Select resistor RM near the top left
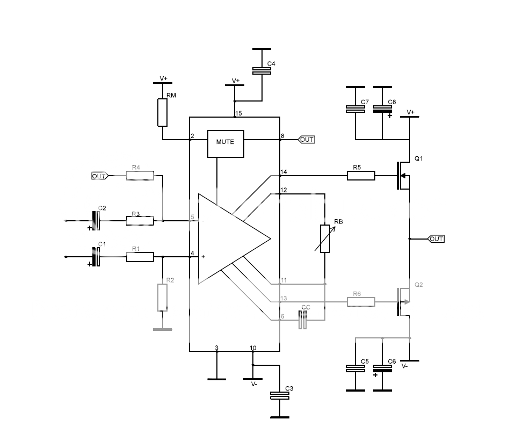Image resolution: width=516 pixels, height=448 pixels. pyautogui.click(x=163, y=112)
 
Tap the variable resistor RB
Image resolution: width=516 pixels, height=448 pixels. pyautogui.click(x=325, y=239)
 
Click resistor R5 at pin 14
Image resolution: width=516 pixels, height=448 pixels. pyautogui.click(x=361, y=175)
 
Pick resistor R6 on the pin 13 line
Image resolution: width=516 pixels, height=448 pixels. pyautogui.click(x=361, y=302)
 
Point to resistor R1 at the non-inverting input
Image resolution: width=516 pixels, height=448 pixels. pyautogui.click(x=140, y=257)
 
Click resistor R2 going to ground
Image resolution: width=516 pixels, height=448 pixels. pyautogui.click(x=163, y=298)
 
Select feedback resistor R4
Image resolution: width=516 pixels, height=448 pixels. pyautogui.click(x=140, y=175)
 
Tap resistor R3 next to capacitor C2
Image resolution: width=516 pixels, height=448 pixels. pyautogui.click(x=140, y=220)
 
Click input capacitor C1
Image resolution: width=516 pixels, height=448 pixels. pyautogui.click(x=97, y=257)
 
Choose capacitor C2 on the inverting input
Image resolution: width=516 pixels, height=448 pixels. pyautogui.click(x=97, y=220)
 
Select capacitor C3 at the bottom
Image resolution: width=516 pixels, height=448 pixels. pyautogui.click(x=279, y=396)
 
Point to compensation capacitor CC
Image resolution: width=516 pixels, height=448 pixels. pyautogui.click(x=303, y=321)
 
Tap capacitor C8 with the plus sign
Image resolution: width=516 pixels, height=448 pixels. pyautogui.click(x=382, y=109)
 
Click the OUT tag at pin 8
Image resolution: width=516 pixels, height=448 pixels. pyautogui.click(x=307, y=140)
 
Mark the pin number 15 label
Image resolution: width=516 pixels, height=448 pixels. pyautogui.click(x=238, y=113)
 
